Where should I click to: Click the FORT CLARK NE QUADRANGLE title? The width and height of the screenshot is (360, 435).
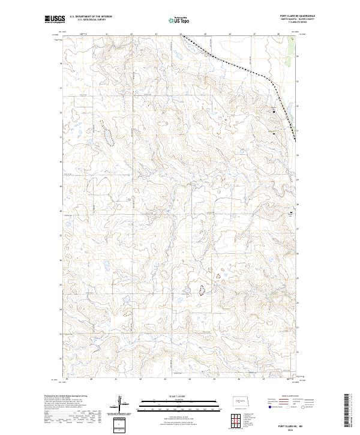pyautogui.click(x=297, y=15)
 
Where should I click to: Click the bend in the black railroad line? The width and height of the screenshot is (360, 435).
pyautogui.click(x=268, y=80)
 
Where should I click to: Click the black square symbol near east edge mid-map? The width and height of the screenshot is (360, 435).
pyautogui.click(x=292, y=213)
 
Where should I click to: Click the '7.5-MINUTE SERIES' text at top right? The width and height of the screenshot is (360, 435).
pyautogui.click(x=297, y=23)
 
